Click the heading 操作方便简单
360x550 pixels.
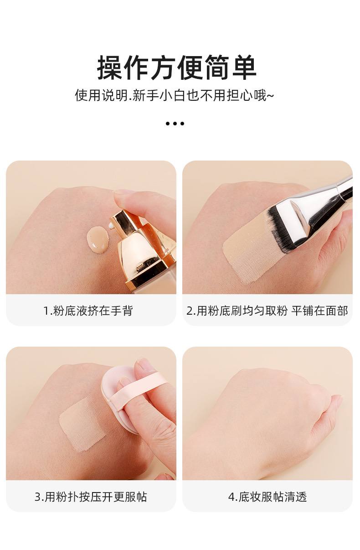[177, 68]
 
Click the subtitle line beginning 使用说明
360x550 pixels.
[174, 95]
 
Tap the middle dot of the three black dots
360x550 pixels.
[175, 124]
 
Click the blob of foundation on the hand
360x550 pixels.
[98, 239]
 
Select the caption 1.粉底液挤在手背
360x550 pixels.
[88, 311]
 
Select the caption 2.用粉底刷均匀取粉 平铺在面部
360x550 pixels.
[267, 311]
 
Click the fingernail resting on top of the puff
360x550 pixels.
[144, 365]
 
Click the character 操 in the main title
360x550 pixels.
[109, 68]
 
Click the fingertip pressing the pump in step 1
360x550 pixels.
[125, 199]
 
